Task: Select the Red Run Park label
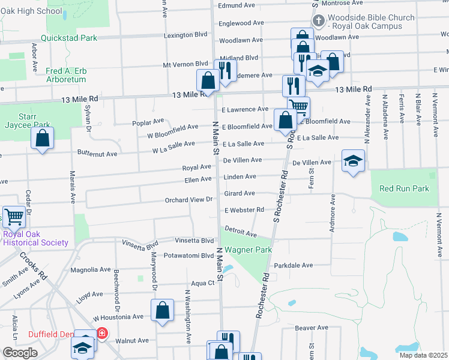click(404, 188)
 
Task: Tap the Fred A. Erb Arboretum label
click(66, 75)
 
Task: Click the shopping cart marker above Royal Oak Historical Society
click(14, 216)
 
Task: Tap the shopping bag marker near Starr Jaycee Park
click(42, 138)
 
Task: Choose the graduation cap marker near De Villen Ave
click(353, 160)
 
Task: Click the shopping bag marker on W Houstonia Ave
click(162, 310)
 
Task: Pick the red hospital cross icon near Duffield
click(102, 333)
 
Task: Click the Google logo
click(20, 353)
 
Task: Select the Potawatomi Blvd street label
click(189, 256)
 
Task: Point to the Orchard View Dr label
click(189, 200)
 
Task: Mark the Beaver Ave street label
click(312, 328)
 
